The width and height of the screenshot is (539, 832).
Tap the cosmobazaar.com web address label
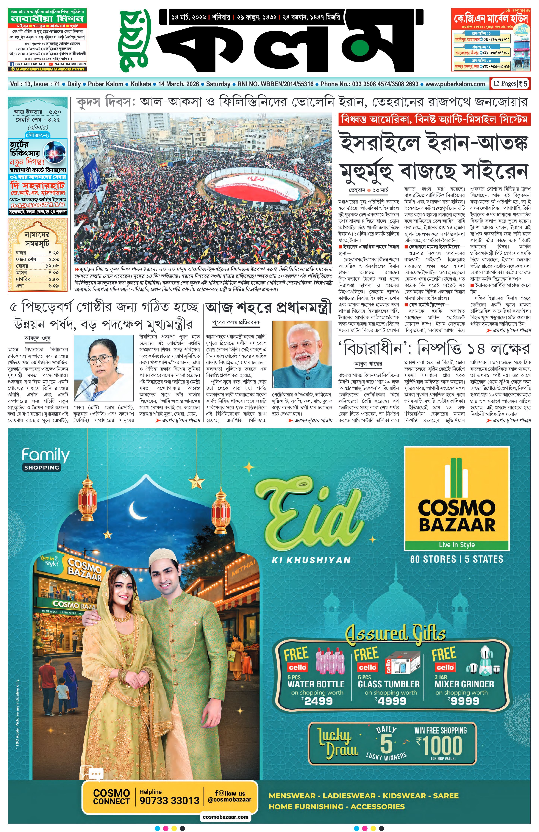pos(225,817)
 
